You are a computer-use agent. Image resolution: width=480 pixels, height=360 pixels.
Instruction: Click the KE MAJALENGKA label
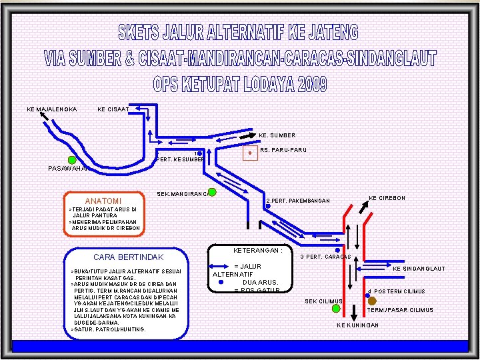[52, 109]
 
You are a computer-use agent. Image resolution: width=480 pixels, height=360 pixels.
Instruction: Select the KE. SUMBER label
[277, 135]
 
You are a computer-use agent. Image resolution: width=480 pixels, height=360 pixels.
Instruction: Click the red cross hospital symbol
[250, 153]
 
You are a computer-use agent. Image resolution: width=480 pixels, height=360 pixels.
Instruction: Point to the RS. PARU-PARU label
[283, 150]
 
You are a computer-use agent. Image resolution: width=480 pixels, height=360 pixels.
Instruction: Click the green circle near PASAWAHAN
[71, 159]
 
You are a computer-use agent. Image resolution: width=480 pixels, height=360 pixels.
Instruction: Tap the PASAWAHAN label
[69, 168]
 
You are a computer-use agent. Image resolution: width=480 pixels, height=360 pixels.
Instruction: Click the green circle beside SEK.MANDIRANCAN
[211, 193]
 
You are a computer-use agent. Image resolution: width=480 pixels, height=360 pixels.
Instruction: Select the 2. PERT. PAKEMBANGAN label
[298, 200]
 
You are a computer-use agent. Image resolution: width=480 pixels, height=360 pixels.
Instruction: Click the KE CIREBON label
[387, 198]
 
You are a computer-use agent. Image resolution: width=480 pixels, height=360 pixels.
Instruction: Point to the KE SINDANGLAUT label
[419, 269]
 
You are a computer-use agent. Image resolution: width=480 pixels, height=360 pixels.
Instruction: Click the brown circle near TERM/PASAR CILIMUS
[372, 301]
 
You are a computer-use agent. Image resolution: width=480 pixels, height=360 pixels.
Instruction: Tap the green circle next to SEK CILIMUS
[336, 309]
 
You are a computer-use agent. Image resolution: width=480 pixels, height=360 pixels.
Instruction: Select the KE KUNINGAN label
[358, 325]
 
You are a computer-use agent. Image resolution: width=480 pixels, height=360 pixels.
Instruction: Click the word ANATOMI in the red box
[103, 201]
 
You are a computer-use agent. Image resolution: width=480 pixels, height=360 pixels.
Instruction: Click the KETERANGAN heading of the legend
[259, 251]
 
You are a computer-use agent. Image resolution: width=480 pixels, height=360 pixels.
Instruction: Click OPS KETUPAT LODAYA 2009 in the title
[240, 84]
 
